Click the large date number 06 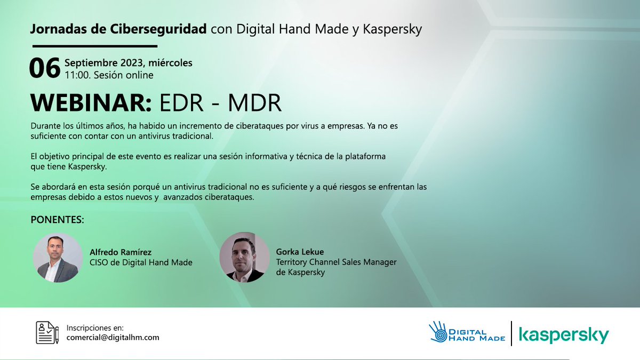44,69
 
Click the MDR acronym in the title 254,103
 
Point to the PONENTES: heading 58,220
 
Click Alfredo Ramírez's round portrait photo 58,258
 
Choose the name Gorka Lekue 300,252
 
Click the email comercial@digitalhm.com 113,337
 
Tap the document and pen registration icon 46,332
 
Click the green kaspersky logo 564,336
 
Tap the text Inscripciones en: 94,327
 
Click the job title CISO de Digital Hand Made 141,262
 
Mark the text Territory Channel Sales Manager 337,262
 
